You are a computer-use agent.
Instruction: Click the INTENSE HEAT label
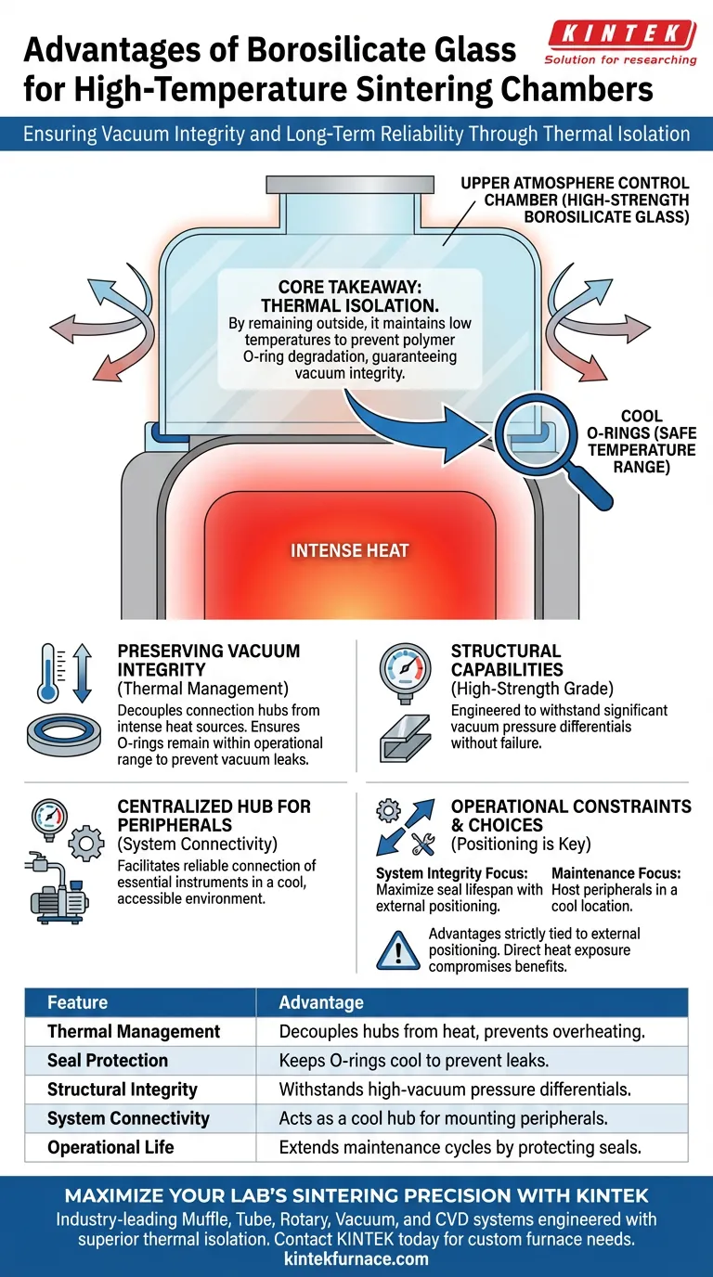[350, 550]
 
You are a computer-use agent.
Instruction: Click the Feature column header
[77, 1002]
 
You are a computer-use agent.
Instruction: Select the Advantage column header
[321, 1002]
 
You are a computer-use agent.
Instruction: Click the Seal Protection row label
[108, 1060]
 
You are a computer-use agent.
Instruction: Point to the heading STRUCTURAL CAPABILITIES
[506, 661]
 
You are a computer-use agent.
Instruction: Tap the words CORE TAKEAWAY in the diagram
[349, 288]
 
